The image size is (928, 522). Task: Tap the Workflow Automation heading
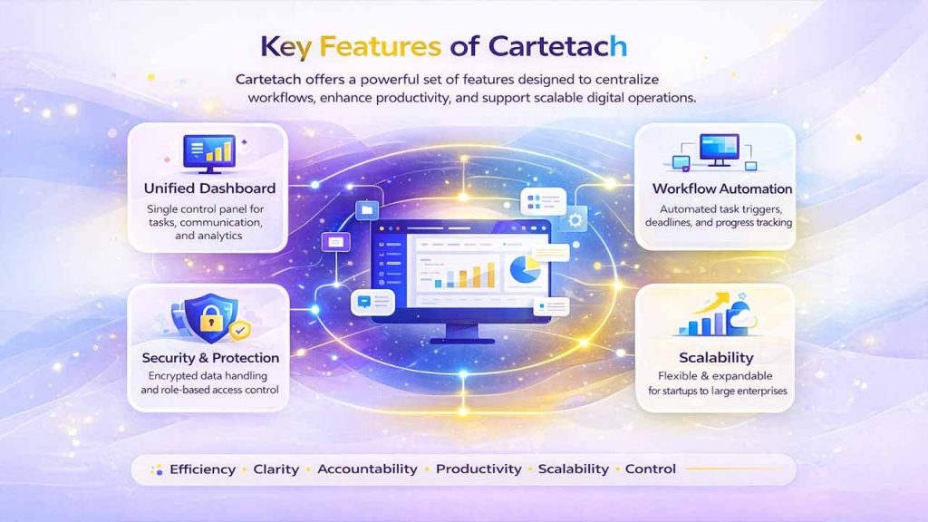tap(722, 188)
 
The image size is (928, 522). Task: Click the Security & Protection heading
tap(210, 357)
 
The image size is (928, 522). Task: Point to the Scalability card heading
tap(716, 357)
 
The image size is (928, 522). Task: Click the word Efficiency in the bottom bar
tap(201, 469)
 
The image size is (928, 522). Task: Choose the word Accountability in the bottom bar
tap(367, 469)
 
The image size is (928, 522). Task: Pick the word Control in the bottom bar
tap(651, 469)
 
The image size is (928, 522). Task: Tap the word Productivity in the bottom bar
tap(478, 469)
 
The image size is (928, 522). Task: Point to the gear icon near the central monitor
tap(574, 220)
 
